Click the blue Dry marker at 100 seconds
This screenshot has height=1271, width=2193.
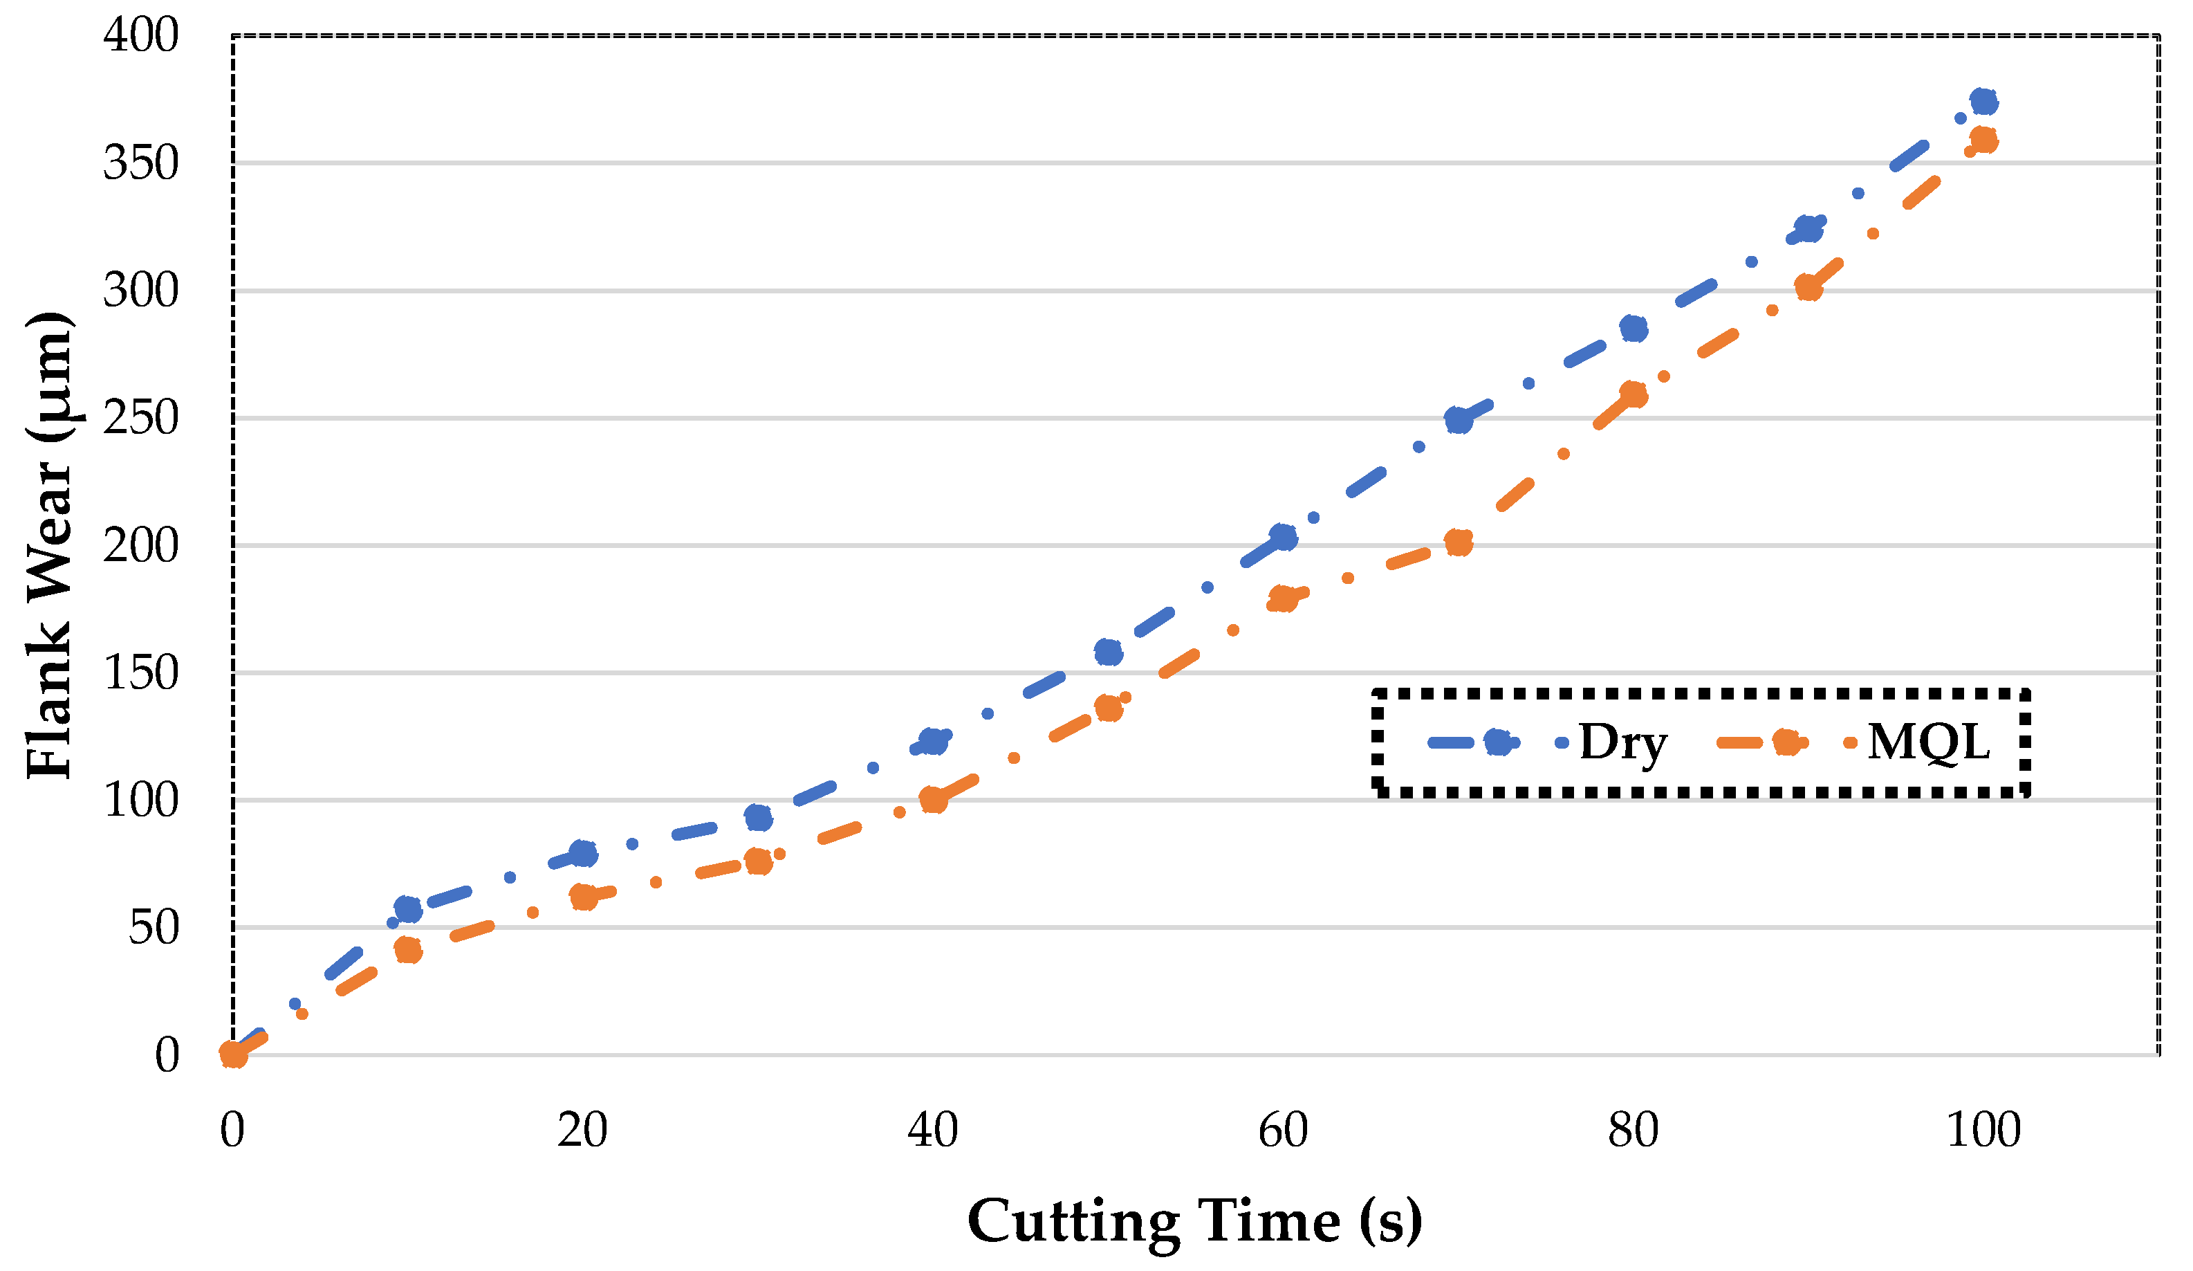tap(1983, 102)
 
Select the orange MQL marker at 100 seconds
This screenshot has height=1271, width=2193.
tap(1983, 140)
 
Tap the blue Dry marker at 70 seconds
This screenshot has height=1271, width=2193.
tap(1459, 421)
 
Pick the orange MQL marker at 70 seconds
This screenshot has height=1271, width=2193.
tap(1459, 543)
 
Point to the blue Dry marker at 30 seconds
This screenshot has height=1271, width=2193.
tap(759, 817)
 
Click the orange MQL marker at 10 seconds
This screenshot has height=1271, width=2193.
tap(408, 950)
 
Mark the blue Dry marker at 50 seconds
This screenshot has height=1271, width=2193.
tap(1108, 652)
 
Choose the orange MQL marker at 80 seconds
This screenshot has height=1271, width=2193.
tap(1634, 394)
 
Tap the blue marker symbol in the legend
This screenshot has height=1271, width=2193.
tap(1498, 742)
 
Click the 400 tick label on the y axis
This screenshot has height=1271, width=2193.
tap(141, 36)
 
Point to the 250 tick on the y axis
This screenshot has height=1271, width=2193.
tap(141, 418)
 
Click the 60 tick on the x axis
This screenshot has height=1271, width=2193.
tap(1283, 1131)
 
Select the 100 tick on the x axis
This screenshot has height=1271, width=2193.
tap(1983, 1131)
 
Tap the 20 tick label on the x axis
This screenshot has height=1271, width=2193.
tap(582, 1131)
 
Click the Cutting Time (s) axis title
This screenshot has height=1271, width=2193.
tap(1195, 1221)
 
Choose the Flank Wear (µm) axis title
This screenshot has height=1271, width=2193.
tap(50, 546)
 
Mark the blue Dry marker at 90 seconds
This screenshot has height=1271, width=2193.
tap(1808, 230)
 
